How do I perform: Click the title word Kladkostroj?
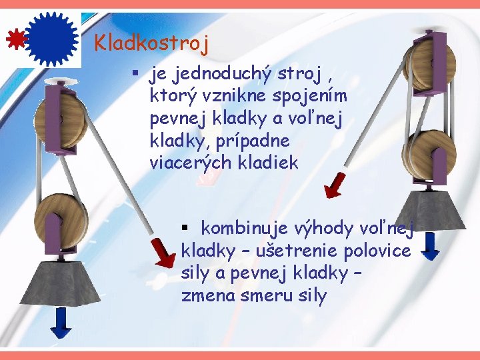[x=151, y=43]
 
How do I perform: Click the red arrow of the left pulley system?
[x=162, y=252]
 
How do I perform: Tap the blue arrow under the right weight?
[x=431, y=245]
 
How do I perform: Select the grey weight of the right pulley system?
[x=430, y=210]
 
